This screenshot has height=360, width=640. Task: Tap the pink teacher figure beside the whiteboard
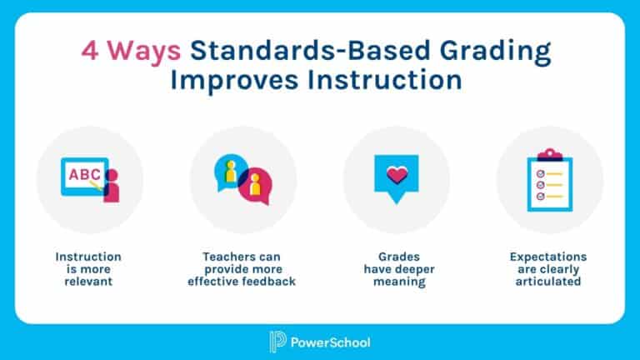click(x=110, y=187)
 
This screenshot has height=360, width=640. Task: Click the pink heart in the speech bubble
click(x=397, y=175)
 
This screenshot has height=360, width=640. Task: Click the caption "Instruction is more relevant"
click(x=88, y=269)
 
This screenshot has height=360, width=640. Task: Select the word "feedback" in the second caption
click(x=272, y=282)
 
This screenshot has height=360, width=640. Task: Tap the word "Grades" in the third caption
click(x=396, y=257)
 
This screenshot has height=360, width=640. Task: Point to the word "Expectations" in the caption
click(x=548, y=257)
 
